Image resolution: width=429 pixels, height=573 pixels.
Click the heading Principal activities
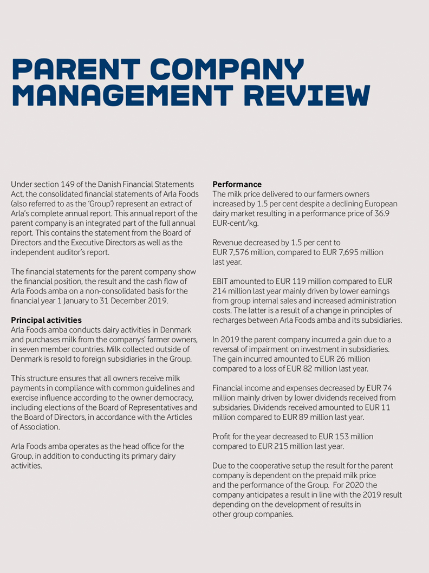click(x=46, y=320)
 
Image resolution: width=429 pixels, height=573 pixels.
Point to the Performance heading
click(x=237, y=184)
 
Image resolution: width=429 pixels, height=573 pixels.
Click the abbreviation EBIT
click(x=221, y=281)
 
